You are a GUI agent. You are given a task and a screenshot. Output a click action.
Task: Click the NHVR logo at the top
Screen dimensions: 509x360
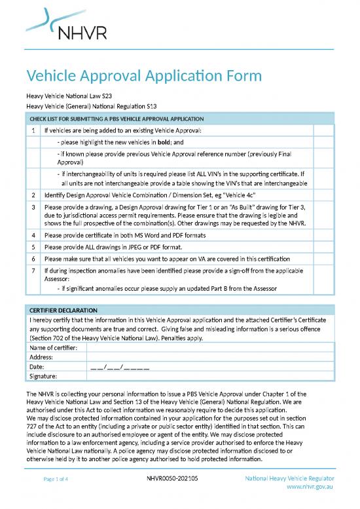[x=65, y=24]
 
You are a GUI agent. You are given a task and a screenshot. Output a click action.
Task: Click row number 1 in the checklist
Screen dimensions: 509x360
[x=33, y=130]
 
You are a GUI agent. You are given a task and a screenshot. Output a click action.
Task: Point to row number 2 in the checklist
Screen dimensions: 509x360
[x=33, y=195]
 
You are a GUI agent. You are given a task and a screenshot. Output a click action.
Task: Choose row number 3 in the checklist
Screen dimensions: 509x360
[x=33, y=207]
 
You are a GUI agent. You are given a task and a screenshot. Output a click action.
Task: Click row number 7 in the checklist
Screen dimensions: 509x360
[x=33, y=270]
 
